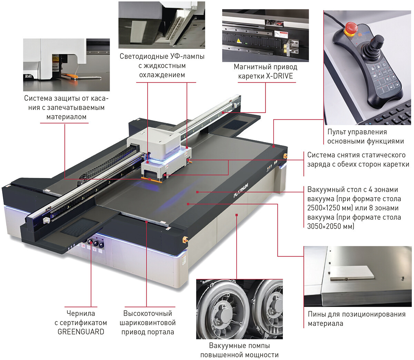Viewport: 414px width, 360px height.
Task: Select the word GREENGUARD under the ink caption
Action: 81,332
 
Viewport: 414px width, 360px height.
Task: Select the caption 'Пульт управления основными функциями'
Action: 365,137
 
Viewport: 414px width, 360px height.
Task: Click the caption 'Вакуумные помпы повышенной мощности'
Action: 239,350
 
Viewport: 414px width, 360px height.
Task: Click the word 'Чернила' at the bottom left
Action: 81,313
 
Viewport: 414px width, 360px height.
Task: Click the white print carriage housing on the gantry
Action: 154,141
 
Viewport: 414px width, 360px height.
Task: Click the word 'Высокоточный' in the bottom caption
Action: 148,313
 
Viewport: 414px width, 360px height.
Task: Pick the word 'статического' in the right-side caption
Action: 382,155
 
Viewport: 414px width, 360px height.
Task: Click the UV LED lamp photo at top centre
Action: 161,25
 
